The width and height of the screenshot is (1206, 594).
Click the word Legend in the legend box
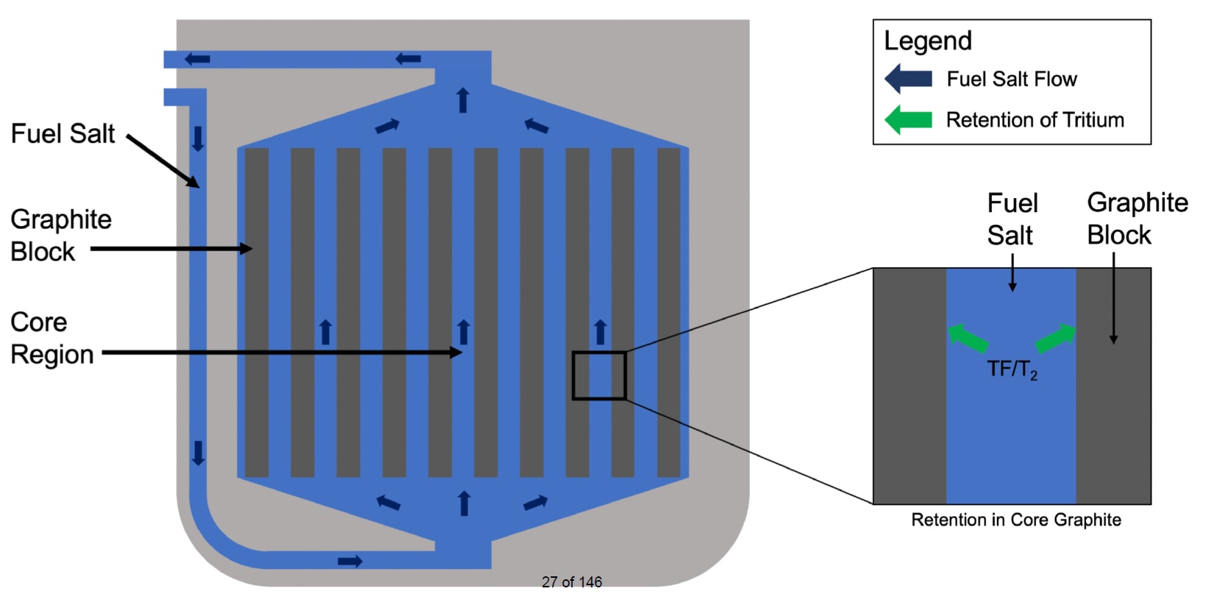(927, 41)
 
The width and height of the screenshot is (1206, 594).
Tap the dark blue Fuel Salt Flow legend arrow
(908, 79)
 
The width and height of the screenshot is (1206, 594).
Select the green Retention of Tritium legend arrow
(908, 119)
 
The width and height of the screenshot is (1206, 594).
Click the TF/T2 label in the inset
(1012, 369)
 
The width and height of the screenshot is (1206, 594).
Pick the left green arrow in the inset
(967, 338)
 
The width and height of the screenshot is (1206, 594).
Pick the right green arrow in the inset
(1056, 338)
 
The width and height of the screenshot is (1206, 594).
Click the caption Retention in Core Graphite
(1015, 520)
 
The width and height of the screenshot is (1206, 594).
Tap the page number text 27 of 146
(572, 582)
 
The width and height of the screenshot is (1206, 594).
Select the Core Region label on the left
(52, 338)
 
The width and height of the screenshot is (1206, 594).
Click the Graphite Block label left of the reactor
(60, 235)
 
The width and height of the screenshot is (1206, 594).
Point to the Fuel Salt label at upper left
(63, 134)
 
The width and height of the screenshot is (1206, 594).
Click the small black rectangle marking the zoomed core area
(599, 376)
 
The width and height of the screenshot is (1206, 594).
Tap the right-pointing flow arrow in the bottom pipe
(350, 562)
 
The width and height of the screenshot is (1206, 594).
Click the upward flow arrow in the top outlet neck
(463, 99)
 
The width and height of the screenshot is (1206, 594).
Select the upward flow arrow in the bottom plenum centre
(464, 503)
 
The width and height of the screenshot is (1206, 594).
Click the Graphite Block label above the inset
(1137, 219)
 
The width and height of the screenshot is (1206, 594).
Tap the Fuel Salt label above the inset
(1012, 219)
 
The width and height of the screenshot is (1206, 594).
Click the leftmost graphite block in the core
(257, 313)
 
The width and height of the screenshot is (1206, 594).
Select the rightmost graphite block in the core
(668, 313)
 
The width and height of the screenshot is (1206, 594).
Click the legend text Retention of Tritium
(1035, 119)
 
